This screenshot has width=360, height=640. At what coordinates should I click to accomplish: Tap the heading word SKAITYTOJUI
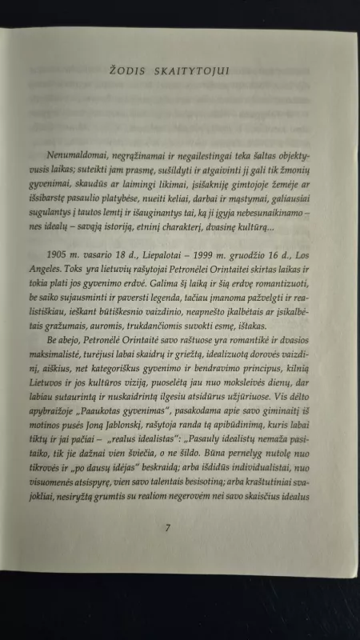click(x=186, y=71)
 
